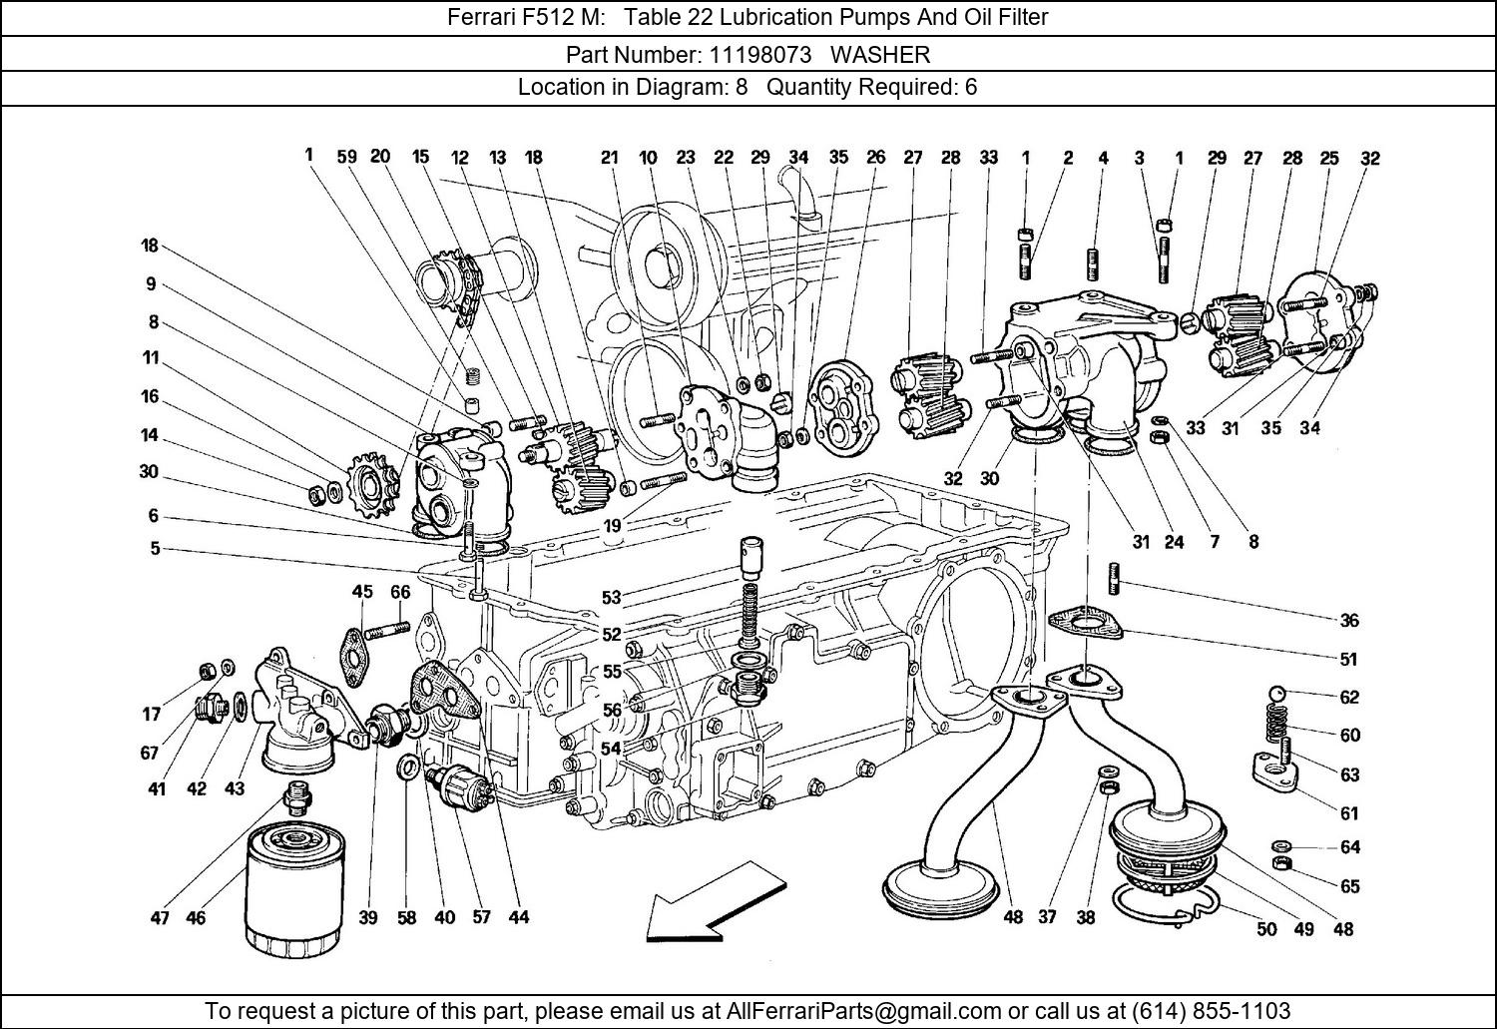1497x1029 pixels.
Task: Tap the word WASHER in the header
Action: (880, 54)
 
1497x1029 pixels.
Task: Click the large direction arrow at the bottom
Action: (714, 903)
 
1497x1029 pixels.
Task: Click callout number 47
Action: (160, 918)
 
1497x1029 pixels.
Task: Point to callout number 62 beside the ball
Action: (1349, 697)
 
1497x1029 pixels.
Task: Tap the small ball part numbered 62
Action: (1276, 694)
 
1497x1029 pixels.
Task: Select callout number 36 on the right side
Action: (1349, 620)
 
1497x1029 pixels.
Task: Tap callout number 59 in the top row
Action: (346, 156)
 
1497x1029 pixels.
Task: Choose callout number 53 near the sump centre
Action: (612, 597)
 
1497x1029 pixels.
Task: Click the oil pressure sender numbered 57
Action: (459, 785)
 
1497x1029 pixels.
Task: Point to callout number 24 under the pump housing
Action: (1174, 542)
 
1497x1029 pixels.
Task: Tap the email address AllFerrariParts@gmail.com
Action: (863, 1010)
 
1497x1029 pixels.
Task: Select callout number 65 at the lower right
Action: (1349, 886)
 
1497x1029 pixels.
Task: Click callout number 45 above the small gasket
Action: (362, 592)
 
